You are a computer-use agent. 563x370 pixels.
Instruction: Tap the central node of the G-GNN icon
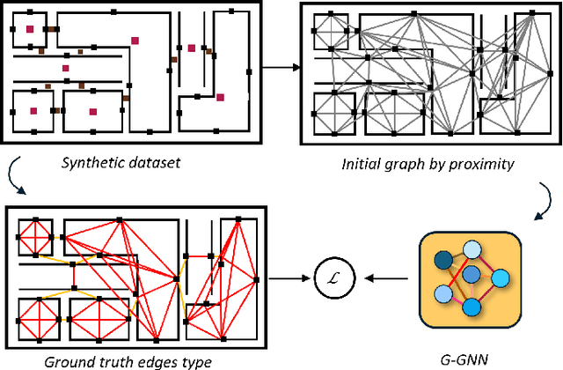click(x=472, y=275)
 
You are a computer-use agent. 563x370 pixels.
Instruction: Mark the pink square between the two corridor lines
click(x=65, y=68)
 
